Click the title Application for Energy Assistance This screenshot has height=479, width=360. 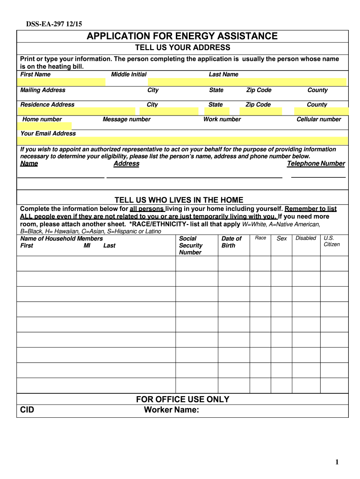182,36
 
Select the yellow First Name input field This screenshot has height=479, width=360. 62,82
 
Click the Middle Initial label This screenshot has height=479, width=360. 129,74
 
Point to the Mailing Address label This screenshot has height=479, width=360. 43,90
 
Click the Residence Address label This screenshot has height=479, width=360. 47,104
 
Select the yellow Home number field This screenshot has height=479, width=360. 45,126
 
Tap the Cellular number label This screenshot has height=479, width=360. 319,119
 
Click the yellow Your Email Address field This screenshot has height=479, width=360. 182,141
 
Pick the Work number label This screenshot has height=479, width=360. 222,119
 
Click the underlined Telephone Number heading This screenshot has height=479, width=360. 316,164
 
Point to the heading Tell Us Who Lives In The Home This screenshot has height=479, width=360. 179,200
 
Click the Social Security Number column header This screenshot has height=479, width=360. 191,246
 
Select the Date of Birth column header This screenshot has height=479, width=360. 231,242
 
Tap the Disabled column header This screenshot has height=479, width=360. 306,238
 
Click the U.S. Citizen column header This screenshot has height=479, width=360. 332,241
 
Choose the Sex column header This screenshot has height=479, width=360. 282,239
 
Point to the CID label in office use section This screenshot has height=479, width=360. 27,410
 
